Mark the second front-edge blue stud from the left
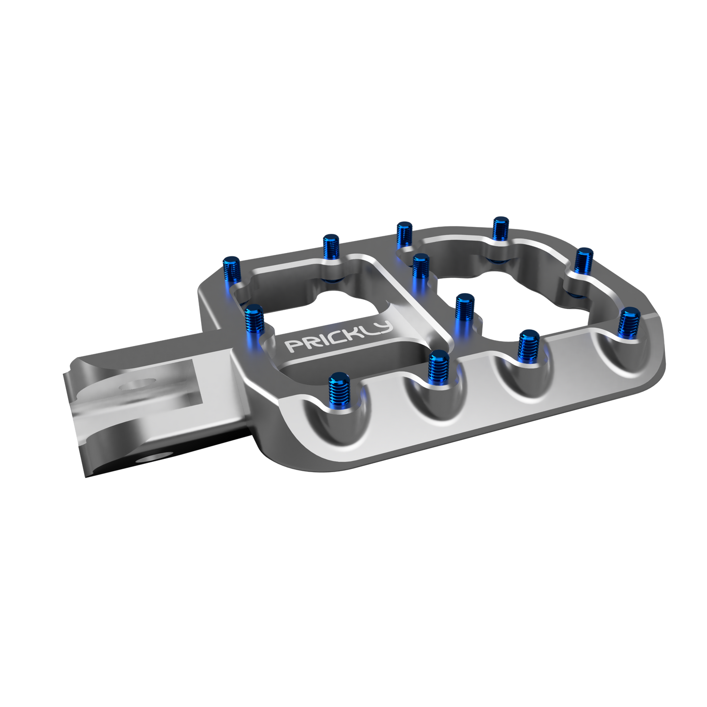[x=438, y=367]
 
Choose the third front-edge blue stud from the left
[x=528, y=344]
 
